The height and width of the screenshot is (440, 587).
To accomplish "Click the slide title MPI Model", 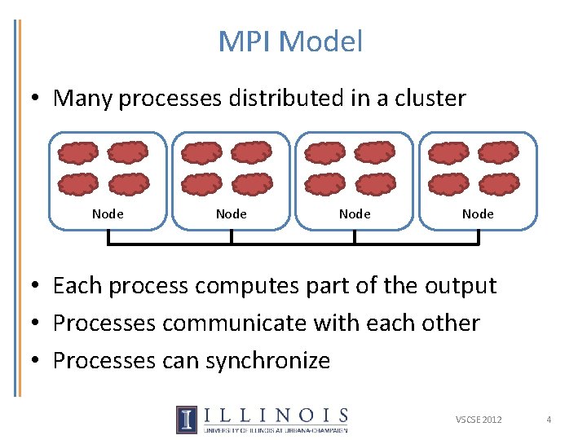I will pyautogui.click(x=290, y=42).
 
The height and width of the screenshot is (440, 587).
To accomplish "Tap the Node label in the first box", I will pyautogui.click(x=108, y=214).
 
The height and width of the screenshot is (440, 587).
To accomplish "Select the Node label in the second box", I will pyautogui.click(x=232, y=214).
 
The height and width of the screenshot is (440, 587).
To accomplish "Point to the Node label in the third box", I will pyautogui.click(x=355, y=214).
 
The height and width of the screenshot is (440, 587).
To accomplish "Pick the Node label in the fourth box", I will pyautogui.click(x=478, y=214).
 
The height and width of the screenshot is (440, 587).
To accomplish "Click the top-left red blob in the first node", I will pyautogui.click(x=78, y=153).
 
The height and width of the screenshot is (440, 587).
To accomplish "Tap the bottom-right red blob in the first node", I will pyautogui.click(x=129, y=184).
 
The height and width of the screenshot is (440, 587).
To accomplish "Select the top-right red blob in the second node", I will pyautogui.click(x=251, y=153).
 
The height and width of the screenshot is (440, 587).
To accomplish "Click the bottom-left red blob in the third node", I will pyautogui.click(x=324, y=184).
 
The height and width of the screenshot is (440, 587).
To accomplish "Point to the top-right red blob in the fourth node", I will pyautogui.click(x=498, y=153).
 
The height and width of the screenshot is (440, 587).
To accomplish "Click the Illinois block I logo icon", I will pyautogui.click(x=187, y=419).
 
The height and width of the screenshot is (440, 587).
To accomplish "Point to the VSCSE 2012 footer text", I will pyautogui.click(x=479, y=420).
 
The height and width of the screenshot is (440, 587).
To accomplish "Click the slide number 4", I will pyautogui.click(x=549, y=420).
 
